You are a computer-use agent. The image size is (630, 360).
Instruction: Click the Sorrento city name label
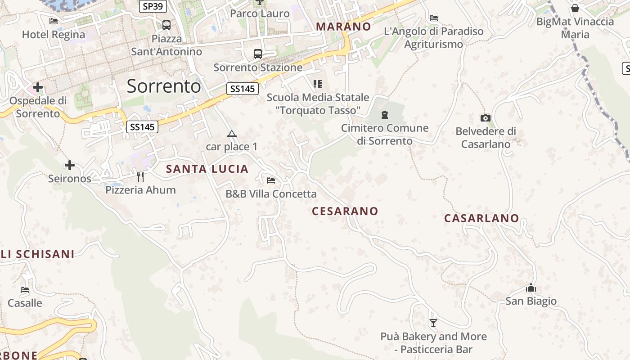[x=163, y=86]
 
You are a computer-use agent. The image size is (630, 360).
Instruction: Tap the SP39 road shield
[x=153, y=6]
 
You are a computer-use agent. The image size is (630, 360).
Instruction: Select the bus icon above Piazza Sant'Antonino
[x=166, y=25]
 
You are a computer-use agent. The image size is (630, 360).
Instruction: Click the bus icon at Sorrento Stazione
[x=258, y=54]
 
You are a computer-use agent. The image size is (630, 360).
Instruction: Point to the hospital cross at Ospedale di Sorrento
[x=38, y=87]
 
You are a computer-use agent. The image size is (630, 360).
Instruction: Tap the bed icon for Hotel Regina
[x=54, y=21]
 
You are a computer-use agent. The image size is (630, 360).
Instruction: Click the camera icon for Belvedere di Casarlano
[x=485, y=118]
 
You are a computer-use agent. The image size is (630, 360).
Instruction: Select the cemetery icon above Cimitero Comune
[x=384, y=115]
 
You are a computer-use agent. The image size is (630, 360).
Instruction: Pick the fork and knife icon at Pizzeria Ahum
[x=140, y=176]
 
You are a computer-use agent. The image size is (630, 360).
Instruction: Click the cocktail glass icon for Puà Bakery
[x=433, y=323]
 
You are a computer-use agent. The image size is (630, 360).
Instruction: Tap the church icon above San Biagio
[x=531, y=288]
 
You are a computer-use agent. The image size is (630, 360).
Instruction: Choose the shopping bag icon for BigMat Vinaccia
[x=575, y=8]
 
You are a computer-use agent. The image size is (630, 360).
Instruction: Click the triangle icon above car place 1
[x=231, y=134]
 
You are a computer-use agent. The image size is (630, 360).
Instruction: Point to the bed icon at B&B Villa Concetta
[x=271, y=180]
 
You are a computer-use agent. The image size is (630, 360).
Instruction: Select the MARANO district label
[x=343, y=27]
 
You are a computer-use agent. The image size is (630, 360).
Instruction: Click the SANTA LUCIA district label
[x=207, y=169]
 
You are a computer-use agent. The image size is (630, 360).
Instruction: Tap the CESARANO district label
[x=345, y=211]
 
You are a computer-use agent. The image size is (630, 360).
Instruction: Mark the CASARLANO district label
[x=481, y=218]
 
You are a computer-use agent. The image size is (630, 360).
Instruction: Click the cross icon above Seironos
[x=70, y=165]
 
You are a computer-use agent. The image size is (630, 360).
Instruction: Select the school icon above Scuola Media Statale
[x=318, y=84]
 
